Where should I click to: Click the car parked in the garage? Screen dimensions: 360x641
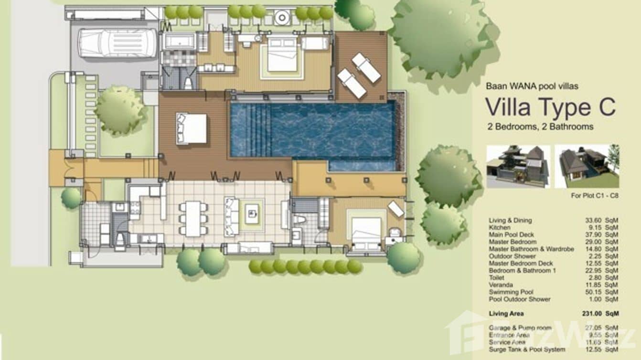point(118,43)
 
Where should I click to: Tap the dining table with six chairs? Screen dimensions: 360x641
point(193,218)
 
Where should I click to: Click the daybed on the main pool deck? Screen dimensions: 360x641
point(192,128)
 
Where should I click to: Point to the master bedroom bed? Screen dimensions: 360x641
point(282,56)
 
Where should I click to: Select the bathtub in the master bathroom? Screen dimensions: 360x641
point(180,41)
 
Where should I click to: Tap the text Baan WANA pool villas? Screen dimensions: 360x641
point(532,86)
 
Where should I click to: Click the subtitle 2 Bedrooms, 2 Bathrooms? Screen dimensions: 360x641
point(540,127)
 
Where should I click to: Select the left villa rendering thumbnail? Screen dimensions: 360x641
point(518,167)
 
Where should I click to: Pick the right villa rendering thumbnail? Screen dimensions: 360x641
point(587,167)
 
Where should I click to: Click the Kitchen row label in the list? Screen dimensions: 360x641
point(500,227)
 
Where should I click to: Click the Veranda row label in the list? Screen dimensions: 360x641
point(502,285)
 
